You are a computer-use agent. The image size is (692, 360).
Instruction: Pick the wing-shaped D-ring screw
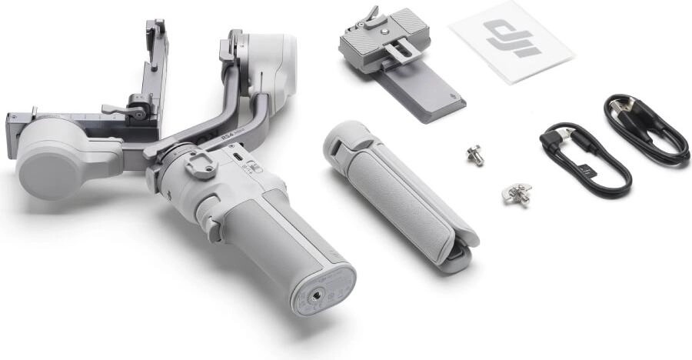[x=517, y=194]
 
